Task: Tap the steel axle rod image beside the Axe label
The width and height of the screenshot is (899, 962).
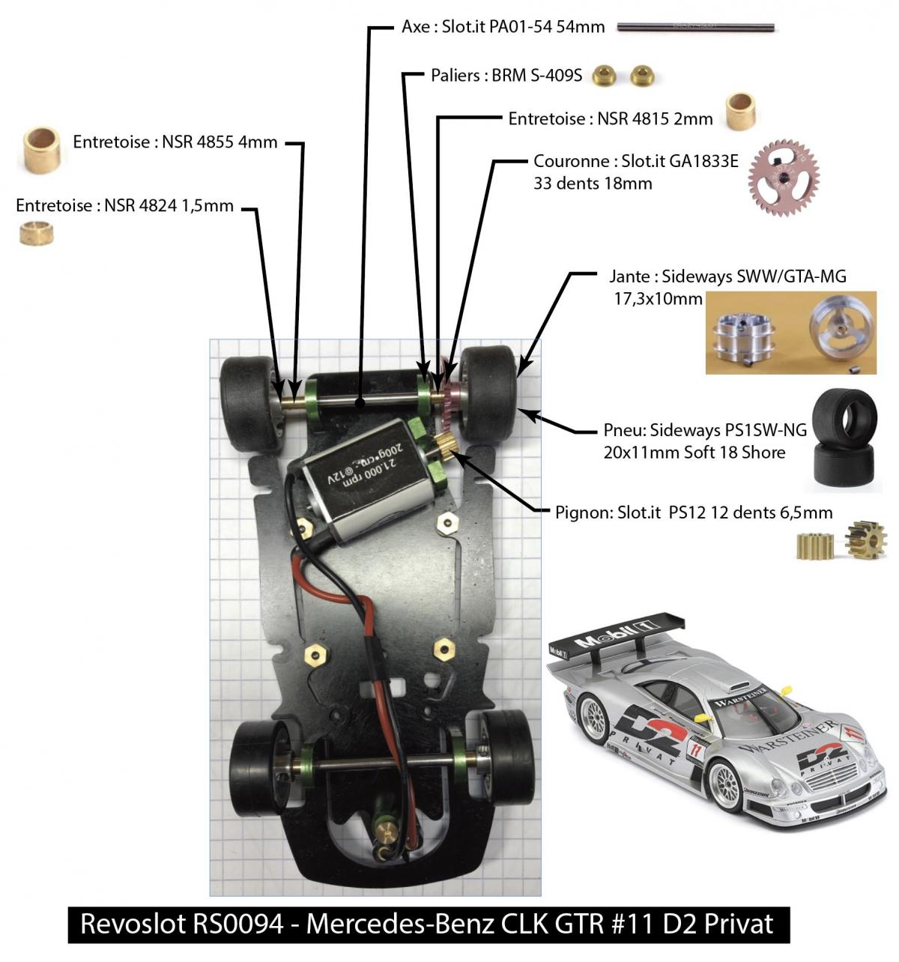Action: [695, 28]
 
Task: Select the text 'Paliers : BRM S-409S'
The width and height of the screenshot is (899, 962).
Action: [506, 76]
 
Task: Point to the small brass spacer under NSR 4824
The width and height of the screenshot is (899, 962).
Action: [35, 234]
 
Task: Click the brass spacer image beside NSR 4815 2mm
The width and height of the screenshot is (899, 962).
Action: [740, 112]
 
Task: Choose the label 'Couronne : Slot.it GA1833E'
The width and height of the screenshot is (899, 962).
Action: [635, 161]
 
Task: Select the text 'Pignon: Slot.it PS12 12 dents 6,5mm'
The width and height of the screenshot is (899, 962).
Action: [694, 513]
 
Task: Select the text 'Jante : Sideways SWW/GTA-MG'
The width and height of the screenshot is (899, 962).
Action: [727, 276]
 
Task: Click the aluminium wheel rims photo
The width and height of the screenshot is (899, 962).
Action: [790, 333]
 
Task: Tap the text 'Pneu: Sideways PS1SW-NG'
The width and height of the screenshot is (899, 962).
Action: [705, 430]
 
